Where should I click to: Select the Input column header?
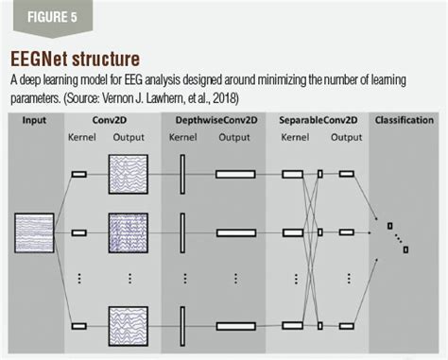coord(34,121)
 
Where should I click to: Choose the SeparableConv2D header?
coord(318,121)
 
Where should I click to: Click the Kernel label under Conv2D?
coord(82,138)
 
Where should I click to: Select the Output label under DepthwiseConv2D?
coord(234,138)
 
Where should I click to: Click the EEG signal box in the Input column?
coord(34,232)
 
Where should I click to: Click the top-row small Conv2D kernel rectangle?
coord(78,174)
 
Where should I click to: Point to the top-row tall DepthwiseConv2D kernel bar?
coord(183,174)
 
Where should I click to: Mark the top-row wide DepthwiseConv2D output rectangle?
coord(235,174)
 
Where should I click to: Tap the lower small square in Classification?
coord(405,249)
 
